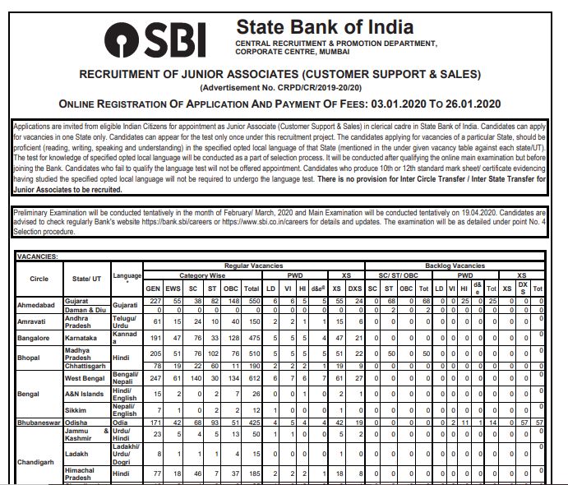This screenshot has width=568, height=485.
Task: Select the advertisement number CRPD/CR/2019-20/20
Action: coord(322,87)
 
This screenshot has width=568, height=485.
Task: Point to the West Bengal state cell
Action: coord(85,378)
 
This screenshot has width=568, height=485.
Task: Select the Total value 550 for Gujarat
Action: coord(253,301)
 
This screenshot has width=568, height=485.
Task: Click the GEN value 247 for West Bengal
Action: coord(153,378)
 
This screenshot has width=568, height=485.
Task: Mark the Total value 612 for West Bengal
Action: coord(253,378)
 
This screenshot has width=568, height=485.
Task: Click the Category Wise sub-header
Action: coord(203,275)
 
